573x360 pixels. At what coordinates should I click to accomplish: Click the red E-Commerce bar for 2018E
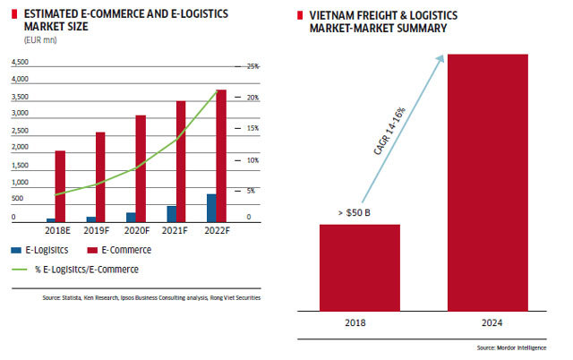[60, 185]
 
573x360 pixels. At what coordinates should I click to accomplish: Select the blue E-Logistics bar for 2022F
[211, 208]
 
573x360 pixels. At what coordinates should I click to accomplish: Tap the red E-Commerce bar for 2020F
[141, 168]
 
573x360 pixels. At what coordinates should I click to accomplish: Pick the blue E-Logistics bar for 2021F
[171, 213]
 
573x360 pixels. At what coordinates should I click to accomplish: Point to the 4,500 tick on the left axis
[19, 63]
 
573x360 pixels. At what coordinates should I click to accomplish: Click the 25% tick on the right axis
[252, 66]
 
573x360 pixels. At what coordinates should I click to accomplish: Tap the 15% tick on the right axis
[252, 128]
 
